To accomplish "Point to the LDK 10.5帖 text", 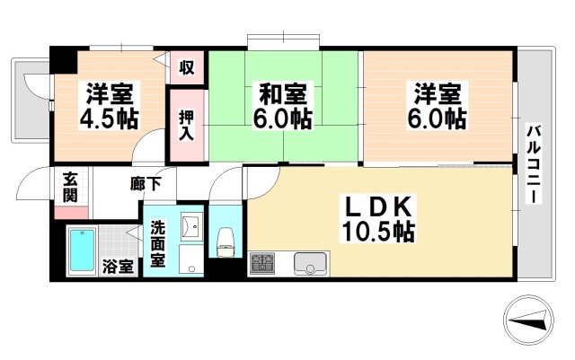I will coord(376,219).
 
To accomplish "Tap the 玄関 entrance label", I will coord(70,187).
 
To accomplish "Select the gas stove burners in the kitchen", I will coord(262,264).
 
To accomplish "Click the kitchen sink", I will coord(310,264).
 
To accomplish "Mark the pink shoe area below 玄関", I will coord(70,214).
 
